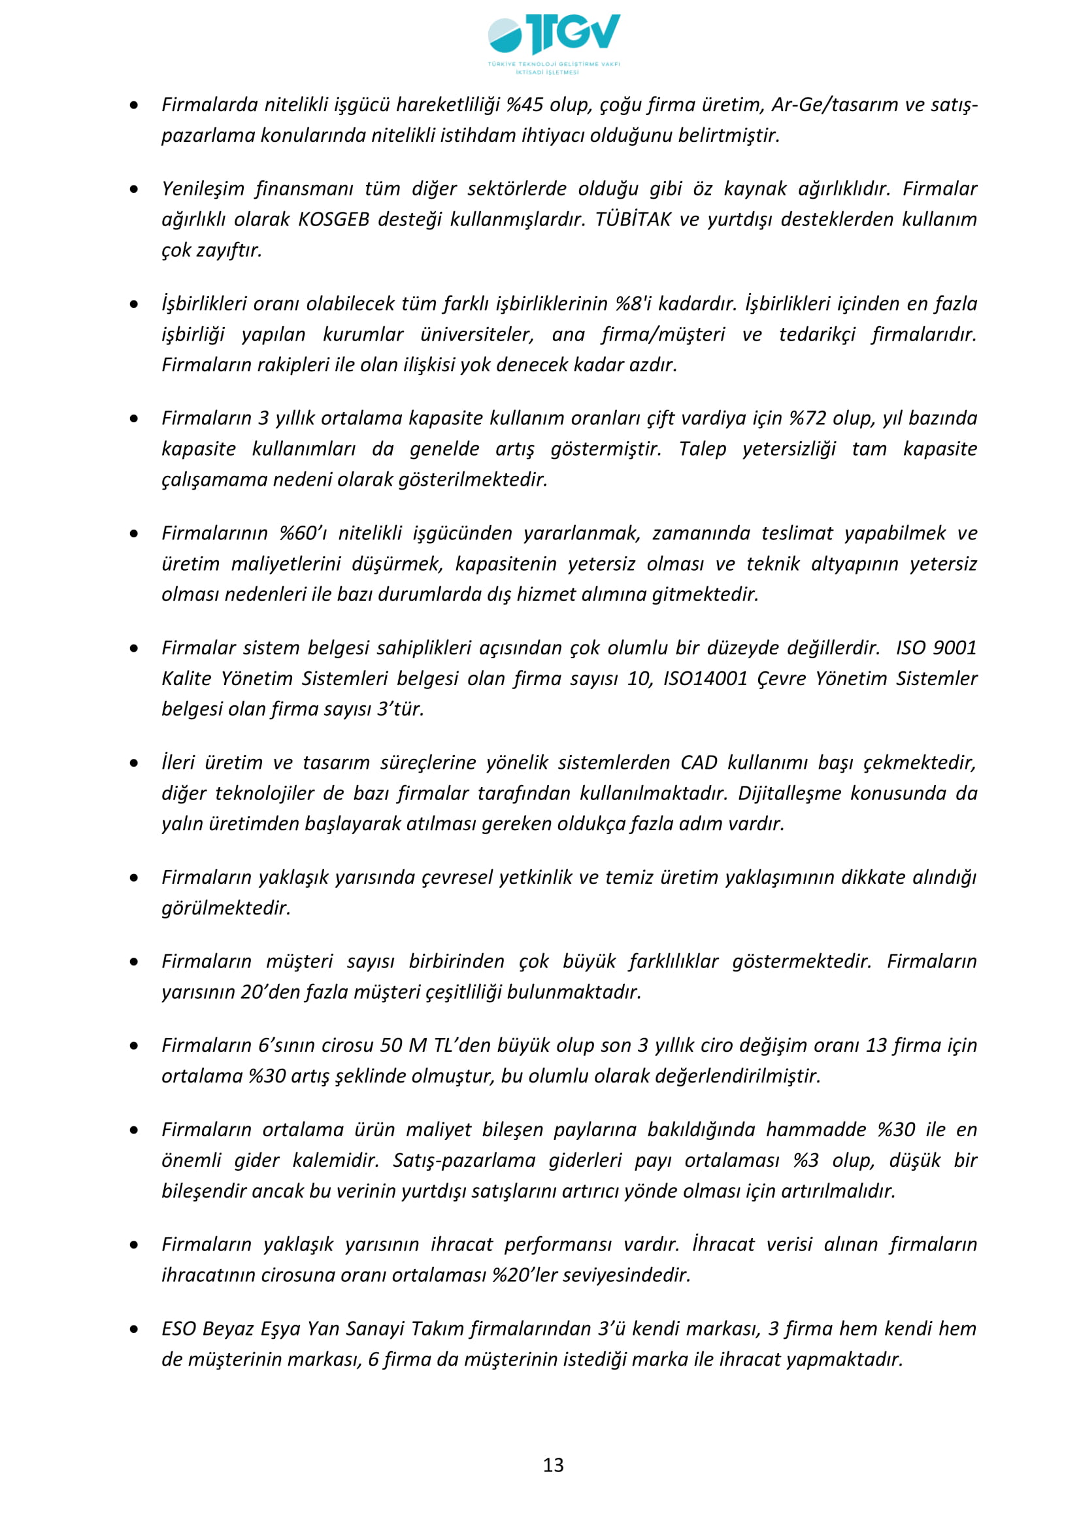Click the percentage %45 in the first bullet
click(x=525, y=105)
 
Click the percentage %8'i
click(x=633, y=304)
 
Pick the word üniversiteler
click(x=476, y=334)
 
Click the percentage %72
click(x=807, y=418)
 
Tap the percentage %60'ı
click(x=303, y=533)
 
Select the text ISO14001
click(x=706, y=679)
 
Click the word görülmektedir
click(x=226, y=909)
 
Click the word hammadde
click(x=816, y=1130)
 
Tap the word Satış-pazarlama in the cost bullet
click(x=464, y=1161)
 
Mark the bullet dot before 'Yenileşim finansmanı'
click(x=135, y=190)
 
